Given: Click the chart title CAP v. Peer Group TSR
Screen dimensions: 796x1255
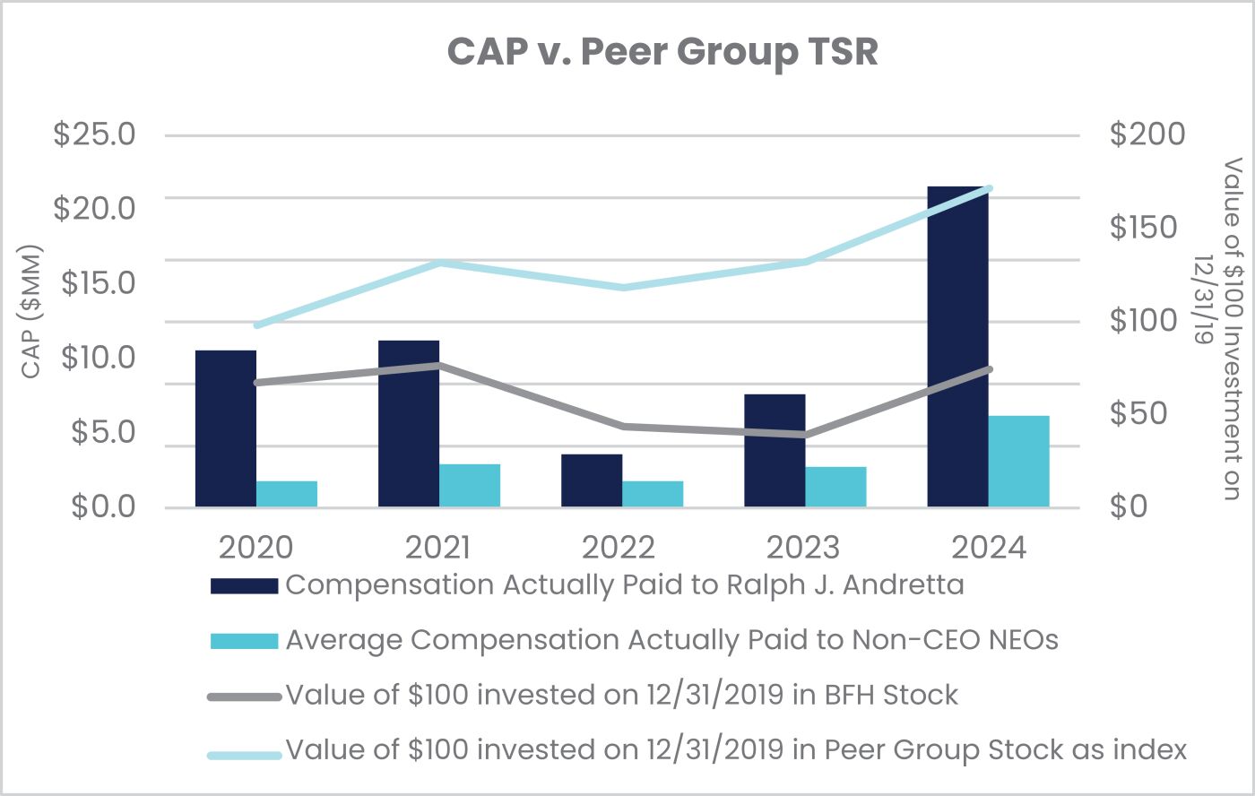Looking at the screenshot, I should pyautogui.click(x=662, y=52).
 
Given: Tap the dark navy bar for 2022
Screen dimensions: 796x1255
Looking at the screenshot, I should pyautogui.click(x=592, y=480).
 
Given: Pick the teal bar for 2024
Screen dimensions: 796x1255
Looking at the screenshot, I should pyautogui.click(x=1018, y=462).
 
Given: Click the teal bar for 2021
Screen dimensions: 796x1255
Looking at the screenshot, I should pyautogui.click(x=470, y=486).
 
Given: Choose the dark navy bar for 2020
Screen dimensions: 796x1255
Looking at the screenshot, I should pyautogui.click(x=226, y=428).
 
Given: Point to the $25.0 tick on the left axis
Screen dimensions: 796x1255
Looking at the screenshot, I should pyautogui.click(x=94, y=134).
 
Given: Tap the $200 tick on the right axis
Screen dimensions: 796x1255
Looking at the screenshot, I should pyautogui.click(x=1147, y=134).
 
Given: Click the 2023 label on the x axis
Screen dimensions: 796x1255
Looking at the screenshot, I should pyautogui.click(x=805, y=547).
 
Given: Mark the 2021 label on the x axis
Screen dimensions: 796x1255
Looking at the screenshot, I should pyautogui.click(x=438, y=547).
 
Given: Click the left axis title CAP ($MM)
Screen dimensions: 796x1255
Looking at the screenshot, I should pyautogui.click(x=31, y=311).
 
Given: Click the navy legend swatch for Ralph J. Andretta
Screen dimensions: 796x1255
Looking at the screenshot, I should pyautogui.click(x=244, y=585).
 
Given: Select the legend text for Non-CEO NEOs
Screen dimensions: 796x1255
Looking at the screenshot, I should pyautogui.click(x=671, y=640).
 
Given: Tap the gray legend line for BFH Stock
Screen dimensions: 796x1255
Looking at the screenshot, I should pyautogui.click(x=244, y=696).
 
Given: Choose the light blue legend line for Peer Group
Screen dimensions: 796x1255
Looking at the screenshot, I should pyautogui.click(x=244, y=751).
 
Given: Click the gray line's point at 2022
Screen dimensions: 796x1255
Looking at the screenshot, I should pyautogui.click(x=622, y=426).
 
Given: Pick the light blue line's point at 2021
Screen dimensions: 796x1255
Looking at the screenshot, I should pyautogui.click(x=439, y=263).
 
